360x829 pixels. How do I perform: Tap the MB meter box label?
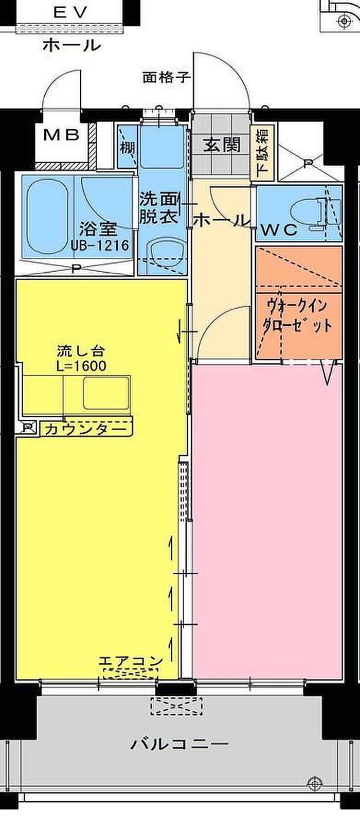(61, 135)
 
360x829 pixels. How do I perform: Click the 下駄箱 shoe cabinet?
(262, 152)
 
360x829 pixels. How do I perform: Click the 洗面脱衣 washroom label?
(159, 208)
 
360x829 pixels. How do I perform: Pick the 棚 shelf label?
(127, 148)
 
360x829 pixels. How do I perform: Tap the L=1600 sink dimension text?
(81, 366)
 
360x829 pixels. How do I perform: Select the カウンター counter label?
(85, 429)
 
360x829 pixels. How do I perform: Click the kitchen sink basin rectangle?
(107, 394)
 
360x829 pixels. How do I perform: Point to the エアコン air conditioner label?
(131, 661)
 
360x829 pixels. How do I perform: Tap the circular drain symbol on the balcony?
(313, 784)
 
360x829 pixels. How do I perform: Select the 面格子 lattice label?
(166, 78)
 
